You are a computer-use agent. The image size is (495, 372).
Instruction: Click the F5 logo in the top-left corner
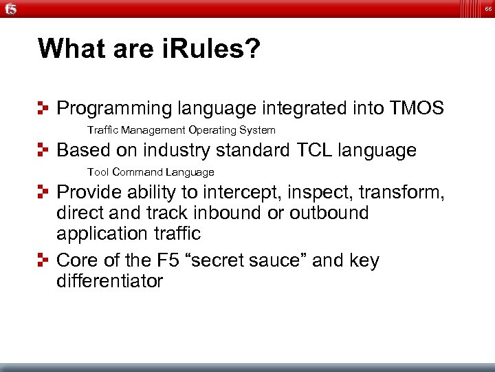(10, 9)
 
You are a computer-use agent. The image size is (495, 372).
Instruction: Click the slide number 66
(487, 8)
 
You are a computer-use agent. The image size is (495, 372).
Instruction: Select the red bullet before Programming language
(45, 108)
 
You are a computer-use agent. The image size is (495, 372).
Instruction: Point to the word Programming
(113, 109)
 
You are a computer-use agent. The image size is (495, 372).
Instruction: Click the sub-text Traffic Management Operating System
(181, 130)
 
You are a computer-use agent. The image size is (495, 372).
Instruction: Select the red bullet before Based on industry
(45, 150)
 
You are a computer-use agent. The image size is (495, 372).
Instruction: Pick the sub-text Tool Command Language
(151, 172)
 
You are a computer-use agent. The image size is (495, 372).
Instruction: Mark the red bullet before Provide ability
(45, 192)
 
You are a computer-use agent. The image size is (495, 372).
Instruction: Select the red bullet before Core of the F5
(45, 261)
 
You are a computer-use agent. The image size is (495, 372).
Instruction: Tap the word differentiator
(109, 281)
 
